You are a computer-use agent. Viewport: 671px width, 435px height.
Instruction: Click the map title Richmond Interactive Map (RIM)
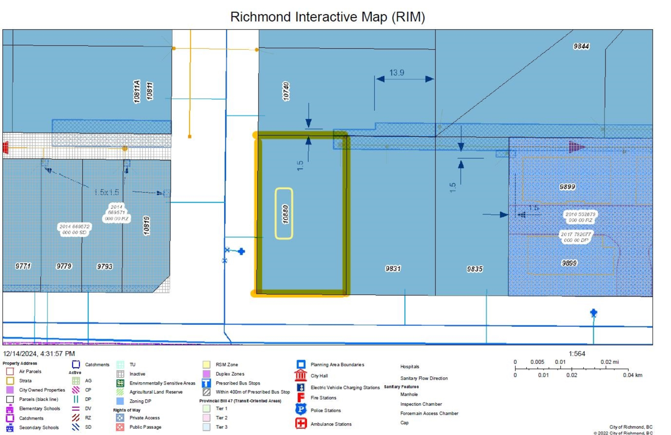(x=328, y=17)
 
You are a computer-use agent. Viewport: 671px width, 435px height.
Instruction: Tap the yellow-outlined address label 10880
(x=284, y=213)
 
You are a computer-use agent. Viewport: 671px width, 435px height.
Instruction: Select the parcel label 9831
(x=393, y=269)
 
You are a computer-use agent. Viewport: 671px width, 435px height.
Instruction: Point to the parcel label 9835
(x=475, y=269)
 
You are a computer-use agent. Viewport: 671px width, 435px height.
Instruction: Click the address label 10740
(x=286, y=91)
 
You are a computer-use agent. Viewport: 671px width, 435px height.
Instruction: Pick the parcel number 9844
(x=581, y=46)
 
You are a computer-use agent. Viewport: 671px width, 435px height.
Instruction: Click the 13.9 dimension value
(x=397, y=73)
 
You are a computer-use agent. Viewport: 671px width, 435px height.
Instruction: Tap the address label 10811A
(x=136, y=91)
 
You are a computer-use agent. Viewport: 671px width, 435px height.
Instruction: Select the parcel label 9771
(x=23, y=266)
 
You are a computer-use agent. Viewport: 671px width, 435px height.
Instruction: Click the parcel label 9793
(x=105, y=266)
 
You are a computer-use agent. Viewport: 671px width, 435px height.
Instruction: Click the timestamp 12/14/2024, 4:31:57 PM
(x=39, y=354)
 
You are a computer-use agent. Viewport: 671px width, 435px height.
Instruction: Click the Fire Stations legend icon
(x=301, y=397)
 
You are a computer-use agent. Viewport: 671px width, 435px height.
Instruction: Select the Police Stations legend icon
(x=301, y=410)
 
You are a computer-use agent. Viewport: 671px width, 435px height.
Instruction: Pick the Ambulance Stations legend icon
(x=301, y=423)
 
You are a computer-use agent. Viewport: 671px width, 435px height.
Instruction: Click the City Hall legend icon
(x=301, y=375)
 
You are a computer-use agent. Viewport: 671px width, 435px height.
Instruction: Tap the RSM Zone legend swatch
(x=206, y=365)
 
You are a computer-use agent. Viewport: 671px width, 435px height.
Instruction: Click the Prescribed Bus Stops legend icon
(x=206, y=383)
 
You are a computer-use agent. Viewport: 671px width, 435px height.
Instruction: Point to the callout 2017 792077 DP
(x=578, y=236)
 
